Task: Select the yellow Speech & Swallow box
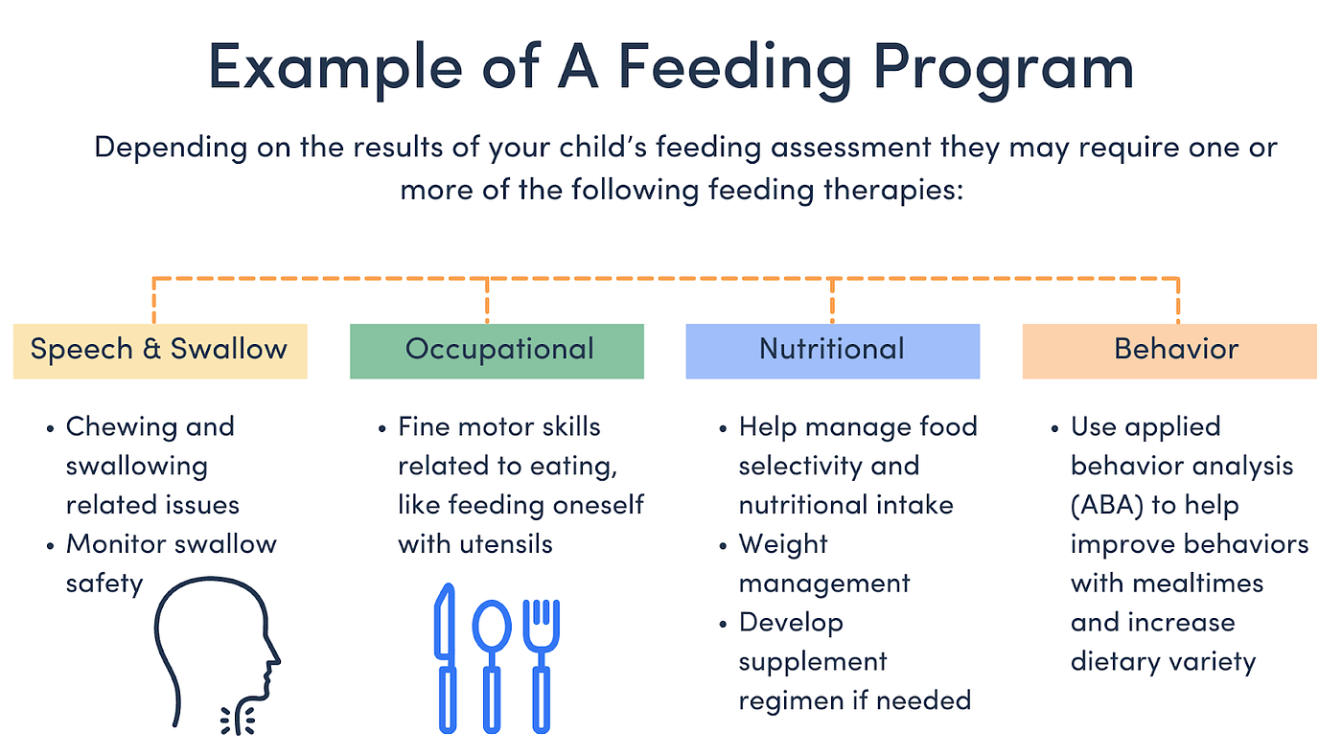(x=159, y=350)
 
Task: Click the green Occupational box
(x=497, y=350)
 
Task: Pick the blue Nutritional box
(x=832, y=350)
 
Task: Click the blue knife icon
(x=447, y=661)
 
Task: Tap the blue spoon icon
(x=493, y=661)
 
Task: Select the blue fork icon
(x=541, y=661)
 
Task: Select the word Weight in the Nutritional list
(x=783, y=544)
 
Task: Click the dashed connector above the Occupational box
(x=488, y=299)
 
